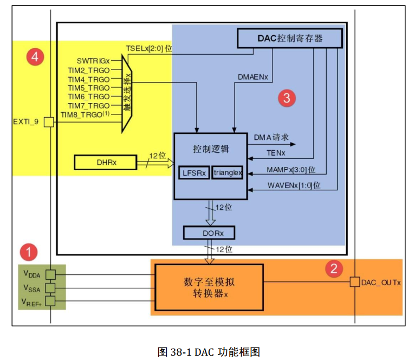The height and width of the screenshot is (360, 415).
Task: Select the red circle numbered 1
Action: (28, 252)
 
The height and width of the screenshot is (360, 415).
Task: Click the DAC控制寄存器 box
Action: (290, 38)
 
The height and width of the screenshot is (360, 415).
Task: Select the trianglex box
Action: (227, 172)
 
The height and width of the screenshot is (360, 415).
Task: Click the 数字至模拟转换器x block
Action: (209, 287)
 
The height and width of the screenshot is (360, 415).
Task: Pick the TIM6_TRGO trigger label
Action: (88, 97)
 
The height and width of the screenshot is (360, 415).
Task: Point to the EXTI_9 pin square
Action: (49, 122)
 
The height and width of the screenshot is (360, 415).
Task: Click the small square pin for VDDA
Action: (50, 274)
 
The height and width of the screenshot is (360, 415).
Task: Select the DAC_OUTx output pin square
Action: (355, 282)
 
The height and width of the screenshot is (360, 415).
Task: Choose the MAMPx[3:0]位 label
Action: (291, 170)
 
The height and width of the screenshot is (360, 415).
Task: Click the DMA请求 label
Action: (271, 138)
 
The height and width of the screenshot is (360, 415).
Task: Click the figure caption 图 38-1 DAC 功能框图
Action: (209, 351)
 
